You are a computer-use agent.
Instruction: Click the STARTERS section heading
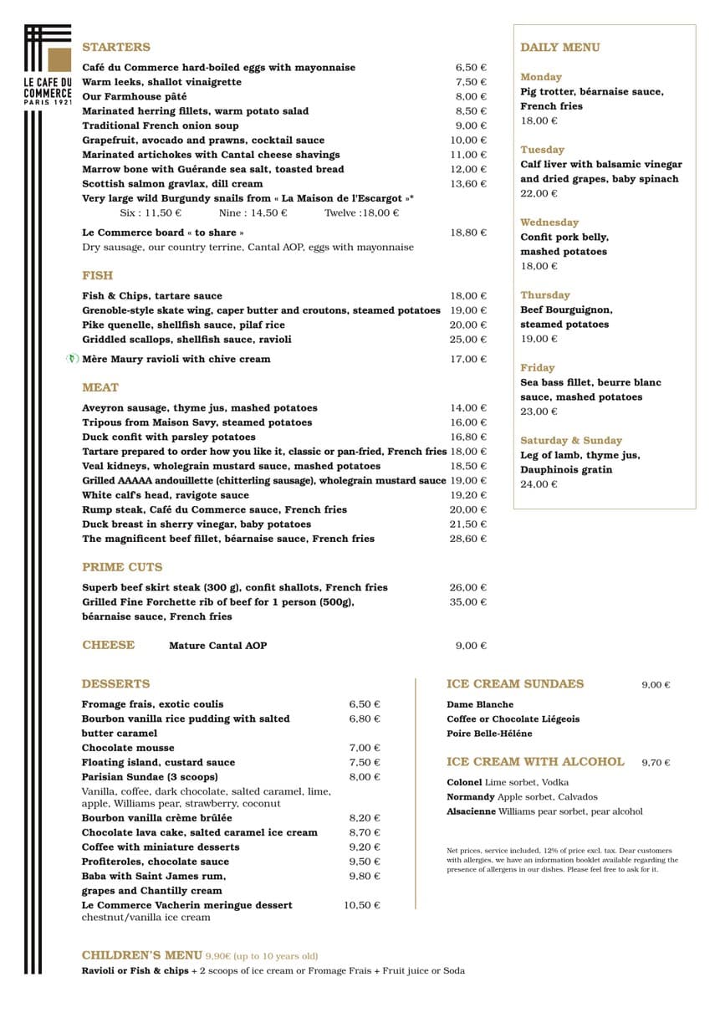(x=116, y=48)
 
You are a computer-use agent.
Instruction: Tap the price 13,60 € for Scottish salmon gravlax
(x=471, y=184)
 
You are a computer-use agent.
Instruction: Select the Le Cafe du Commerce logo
(x=49, y=75)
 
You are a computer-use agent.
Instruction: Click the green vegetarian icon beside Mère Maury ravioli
(x=73, y=359)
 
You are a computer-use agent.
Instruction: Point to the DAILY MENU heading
(x=559, y=48)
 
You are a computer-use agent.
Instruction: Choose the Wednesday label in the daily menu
(x=549, y=223)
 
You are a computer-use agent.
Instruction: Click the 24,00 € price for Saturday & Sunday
(x=539, y=484)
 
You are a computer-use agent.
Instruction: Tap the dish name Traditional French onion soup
(x=160, y=125)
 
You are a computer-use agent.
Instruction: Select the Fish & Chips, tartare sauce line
(x=152, y=296)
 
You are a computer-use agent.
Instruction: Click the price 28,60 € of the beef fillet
(x=468, y=539)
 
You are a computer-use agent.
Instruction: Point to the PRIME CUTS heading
(x=122, y=567)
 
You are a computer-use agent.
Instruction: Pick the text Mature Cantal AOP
(x=217, y=646)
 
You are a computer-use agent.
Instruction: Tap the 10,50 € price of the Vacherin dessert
(x=361, y=905)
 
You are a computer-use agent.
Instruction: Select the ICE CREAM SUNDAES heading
(x=515, y=684)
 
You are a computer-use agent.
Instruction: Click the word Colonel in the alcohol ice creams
(x=464, y=782)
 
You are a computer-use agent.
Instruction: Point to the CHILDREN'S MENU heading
(x=141, y=955)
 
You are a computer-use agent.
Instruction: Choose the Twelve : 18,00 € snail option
(x=361, y=213)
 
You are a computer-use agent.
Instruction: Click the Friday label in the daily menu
(x=537, y=368)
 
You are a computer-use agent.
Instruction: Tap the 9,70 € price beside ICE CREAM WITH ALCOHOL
(x=656, y=763)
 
